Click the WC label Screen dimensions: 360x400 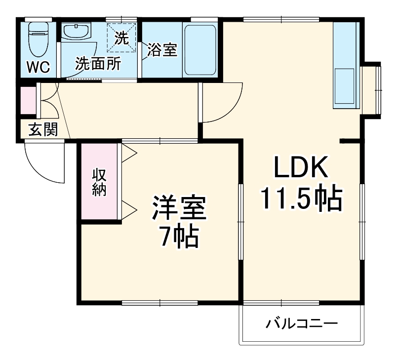point(38,67)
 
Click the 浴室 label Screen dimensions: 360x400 point(162,50)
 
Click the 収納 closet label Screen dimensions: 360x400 point(100,181)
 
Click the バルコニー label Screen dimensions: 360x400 point(302,324)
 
